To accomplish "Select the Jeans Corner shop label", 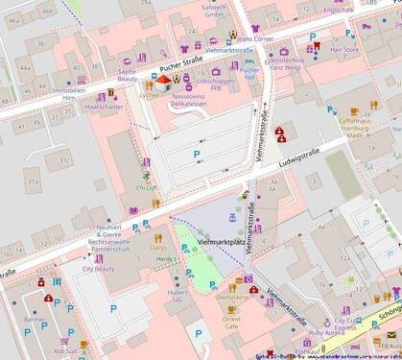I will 254,39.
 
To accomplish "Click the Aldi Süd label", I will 65,350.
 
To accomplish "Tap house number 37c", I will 63,159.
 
